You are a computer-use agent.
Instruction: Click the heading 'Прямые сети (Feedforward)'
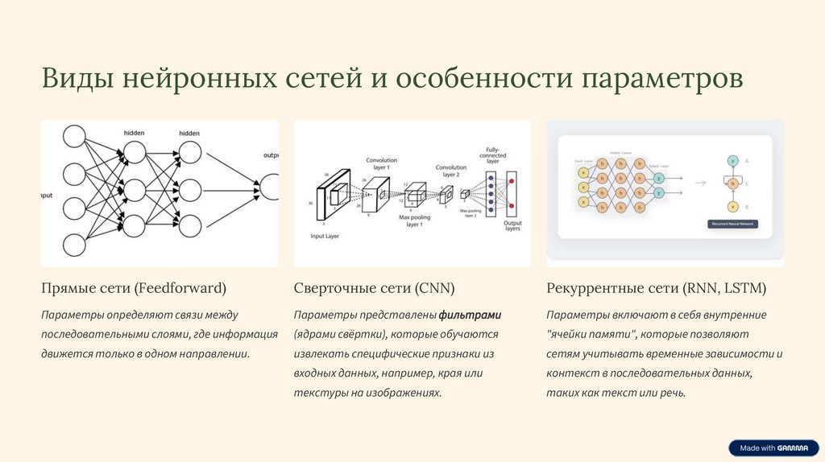(134, 287)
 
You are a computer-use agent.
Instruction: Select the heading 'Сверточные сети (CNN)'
(374, 287)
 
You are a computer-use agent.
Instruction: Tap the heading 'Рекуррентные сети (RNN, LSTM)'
(656, 287)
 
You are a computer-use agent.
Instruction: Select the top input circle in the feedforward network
(74, 137)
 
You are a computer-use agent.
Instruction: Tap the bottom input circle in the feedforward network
(74, 245)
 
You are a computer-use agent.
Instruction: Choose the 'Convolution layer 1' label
(381, 163)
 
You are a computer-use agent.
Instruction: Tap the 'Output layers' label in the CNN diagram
(512, 226)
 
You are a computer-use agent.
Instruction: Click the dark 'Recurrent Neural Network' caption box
(733, 223)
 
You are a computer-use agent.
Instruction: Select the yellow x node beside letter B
(733, 206)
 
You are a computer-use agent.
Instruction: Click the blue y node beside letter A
(733, 161)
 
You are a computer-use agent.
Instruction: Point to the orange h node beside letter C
(733, 183)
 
